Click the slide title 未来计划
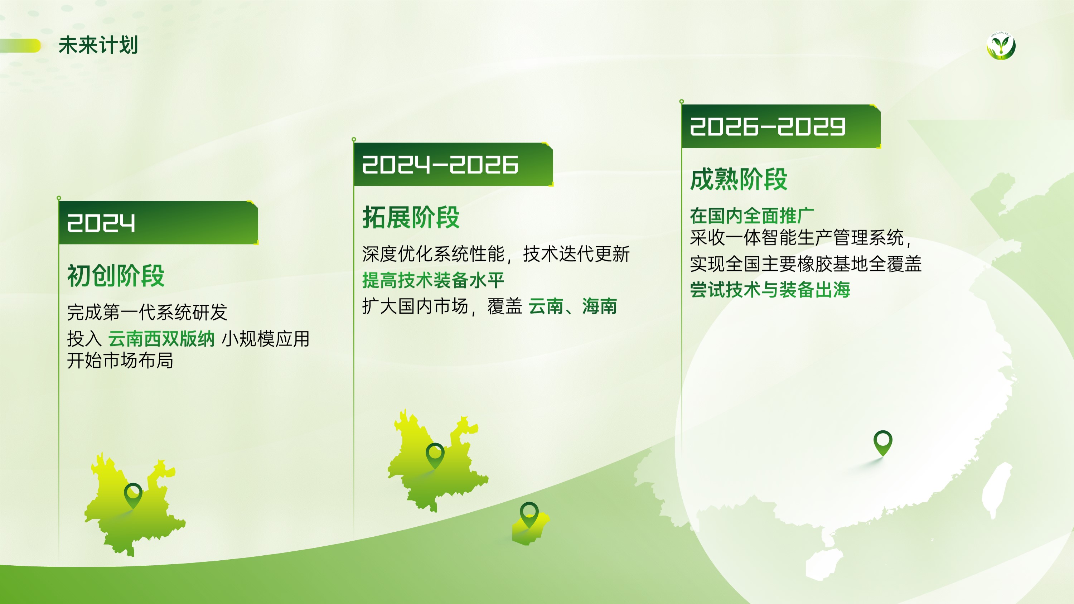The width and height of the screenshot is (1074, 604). point(98,45)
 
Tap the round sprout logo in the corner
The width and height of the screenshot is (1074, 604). point(1001,46)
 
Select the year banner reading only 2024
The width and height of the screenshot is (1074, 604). point(159,223)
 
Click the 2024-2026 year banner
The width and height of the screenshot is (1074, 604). point(453,164)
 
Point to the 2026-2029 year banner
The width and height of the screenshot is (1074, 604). point(781,126)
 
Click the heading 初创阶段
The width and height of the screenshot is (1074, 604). point(116,276)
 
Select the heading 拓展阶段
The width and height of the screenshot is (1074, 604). point(411,217)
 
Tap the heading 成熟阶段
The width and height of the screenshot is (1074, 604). point(739,179)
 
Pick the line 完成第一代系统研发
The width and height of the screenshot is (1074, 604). point(147,312)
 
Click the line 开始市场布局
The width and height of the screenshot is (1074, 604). point(120,361)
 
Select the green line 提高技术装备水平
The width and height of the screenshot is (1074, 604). point(433,280)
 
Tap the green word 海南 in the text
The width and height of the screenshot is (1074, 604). point(600,306)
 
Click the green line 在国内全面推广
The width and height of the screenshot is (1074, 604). point(752,216)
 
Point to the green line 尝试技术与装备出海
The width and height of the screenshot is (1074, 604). point(770,290)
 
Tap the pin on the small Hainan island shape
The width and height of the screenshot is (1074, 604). point(529,515)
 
